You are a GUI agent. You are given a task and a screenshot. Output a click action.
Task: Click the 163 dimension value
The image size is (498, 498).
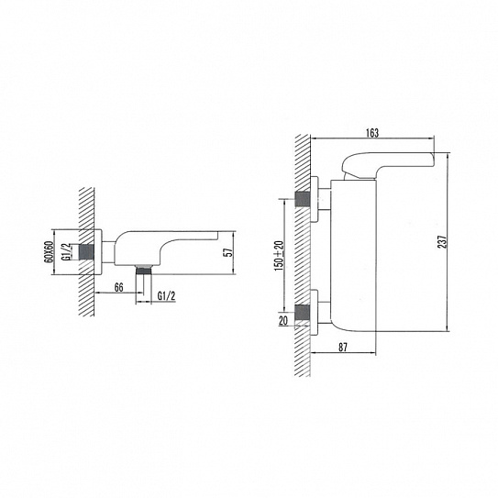(372, 133)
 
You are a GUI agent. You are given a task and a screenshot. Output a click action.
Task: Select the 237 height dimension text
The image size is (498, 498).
(442, 242)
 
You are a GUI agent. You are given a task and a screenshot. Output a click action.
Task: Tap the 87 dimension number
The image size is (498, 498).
(343, 348)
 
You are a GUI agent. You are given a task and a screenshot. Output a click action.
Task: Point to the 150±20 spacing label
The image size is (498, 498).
(279, 256)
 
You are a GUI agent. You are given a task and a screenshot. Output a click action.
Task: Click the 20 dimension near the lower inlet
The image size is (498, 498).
(283, 320)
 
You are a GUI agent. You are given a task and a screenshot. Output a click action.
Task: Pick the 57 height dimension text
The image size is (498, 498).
(228, 252)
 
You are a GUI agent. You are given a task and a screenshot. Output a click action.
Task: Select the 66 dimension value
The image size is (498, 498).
(119, 287)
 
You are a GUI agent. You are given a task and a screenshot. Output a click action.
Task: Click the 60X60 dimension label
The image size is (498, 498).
(49, 251)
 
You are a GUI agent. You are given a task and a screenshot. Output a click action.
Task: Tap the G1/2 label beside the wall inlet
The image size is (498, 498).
(65, 251)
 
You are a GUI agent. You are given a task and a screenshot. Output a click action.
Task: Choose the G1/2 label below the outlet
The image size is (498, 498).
(166, 296)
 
